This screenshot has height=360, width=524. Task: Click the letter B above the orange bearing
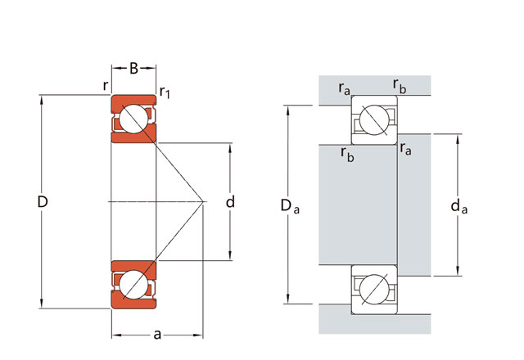coord(133,69)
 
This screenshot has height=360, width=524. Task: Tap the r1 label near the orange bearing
coord(165,92)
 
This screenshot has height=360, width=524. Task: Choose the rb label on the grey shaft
coord(347,154)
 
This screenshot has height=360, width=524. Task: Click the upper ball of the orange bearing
coord(133,120)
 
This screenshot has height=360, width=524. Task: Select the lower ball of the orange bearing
coord(133,284)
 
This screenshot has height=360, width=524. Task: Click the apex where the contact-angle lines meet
coord(203,201)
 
